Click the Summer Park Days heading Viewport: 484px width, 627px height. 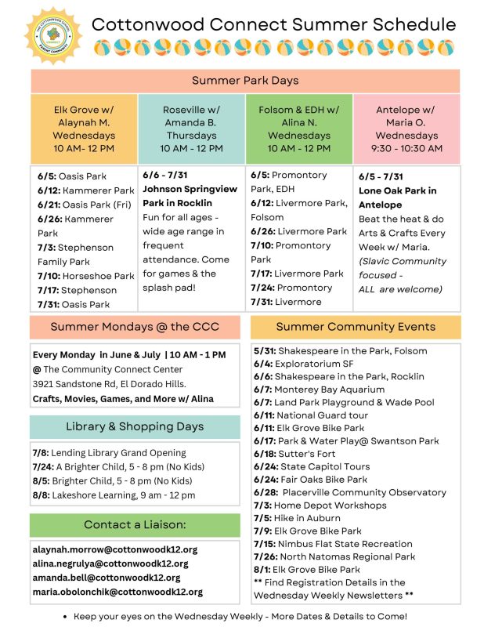tap(245, 81)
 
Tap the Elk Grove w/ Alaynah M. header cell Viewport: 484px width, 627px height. tap(84, 129)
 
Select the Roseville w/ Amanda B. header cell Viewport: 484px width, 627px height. tap(192, 129)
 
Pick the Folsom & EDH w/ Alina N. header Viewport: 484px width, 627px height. tap(299, 129)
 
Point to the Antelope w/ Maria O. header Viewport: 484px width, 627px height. tap(405, 129)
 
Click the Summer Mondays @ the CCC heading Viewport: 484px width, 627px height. tap(135, 327)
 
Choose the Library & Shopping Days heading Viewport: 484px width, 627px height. tap(135, 426)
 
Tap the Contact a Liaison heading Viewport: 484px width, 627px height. tap(135, 524)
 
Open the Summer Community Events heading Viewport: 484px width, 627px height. tap(356, 327)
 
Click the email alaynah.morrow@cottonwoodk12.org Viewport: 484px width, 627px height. tap(115, 550)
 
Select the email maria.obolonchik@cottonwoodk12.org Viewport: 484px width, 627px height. tap(117, 592)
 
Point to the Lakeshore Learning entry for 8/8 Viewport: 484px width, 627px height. tap(114, 495)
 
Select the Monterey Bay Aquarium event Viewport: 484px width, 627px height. tap(319, 390)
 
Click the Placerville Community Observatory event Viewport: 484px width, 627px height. tap(350, 492)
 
